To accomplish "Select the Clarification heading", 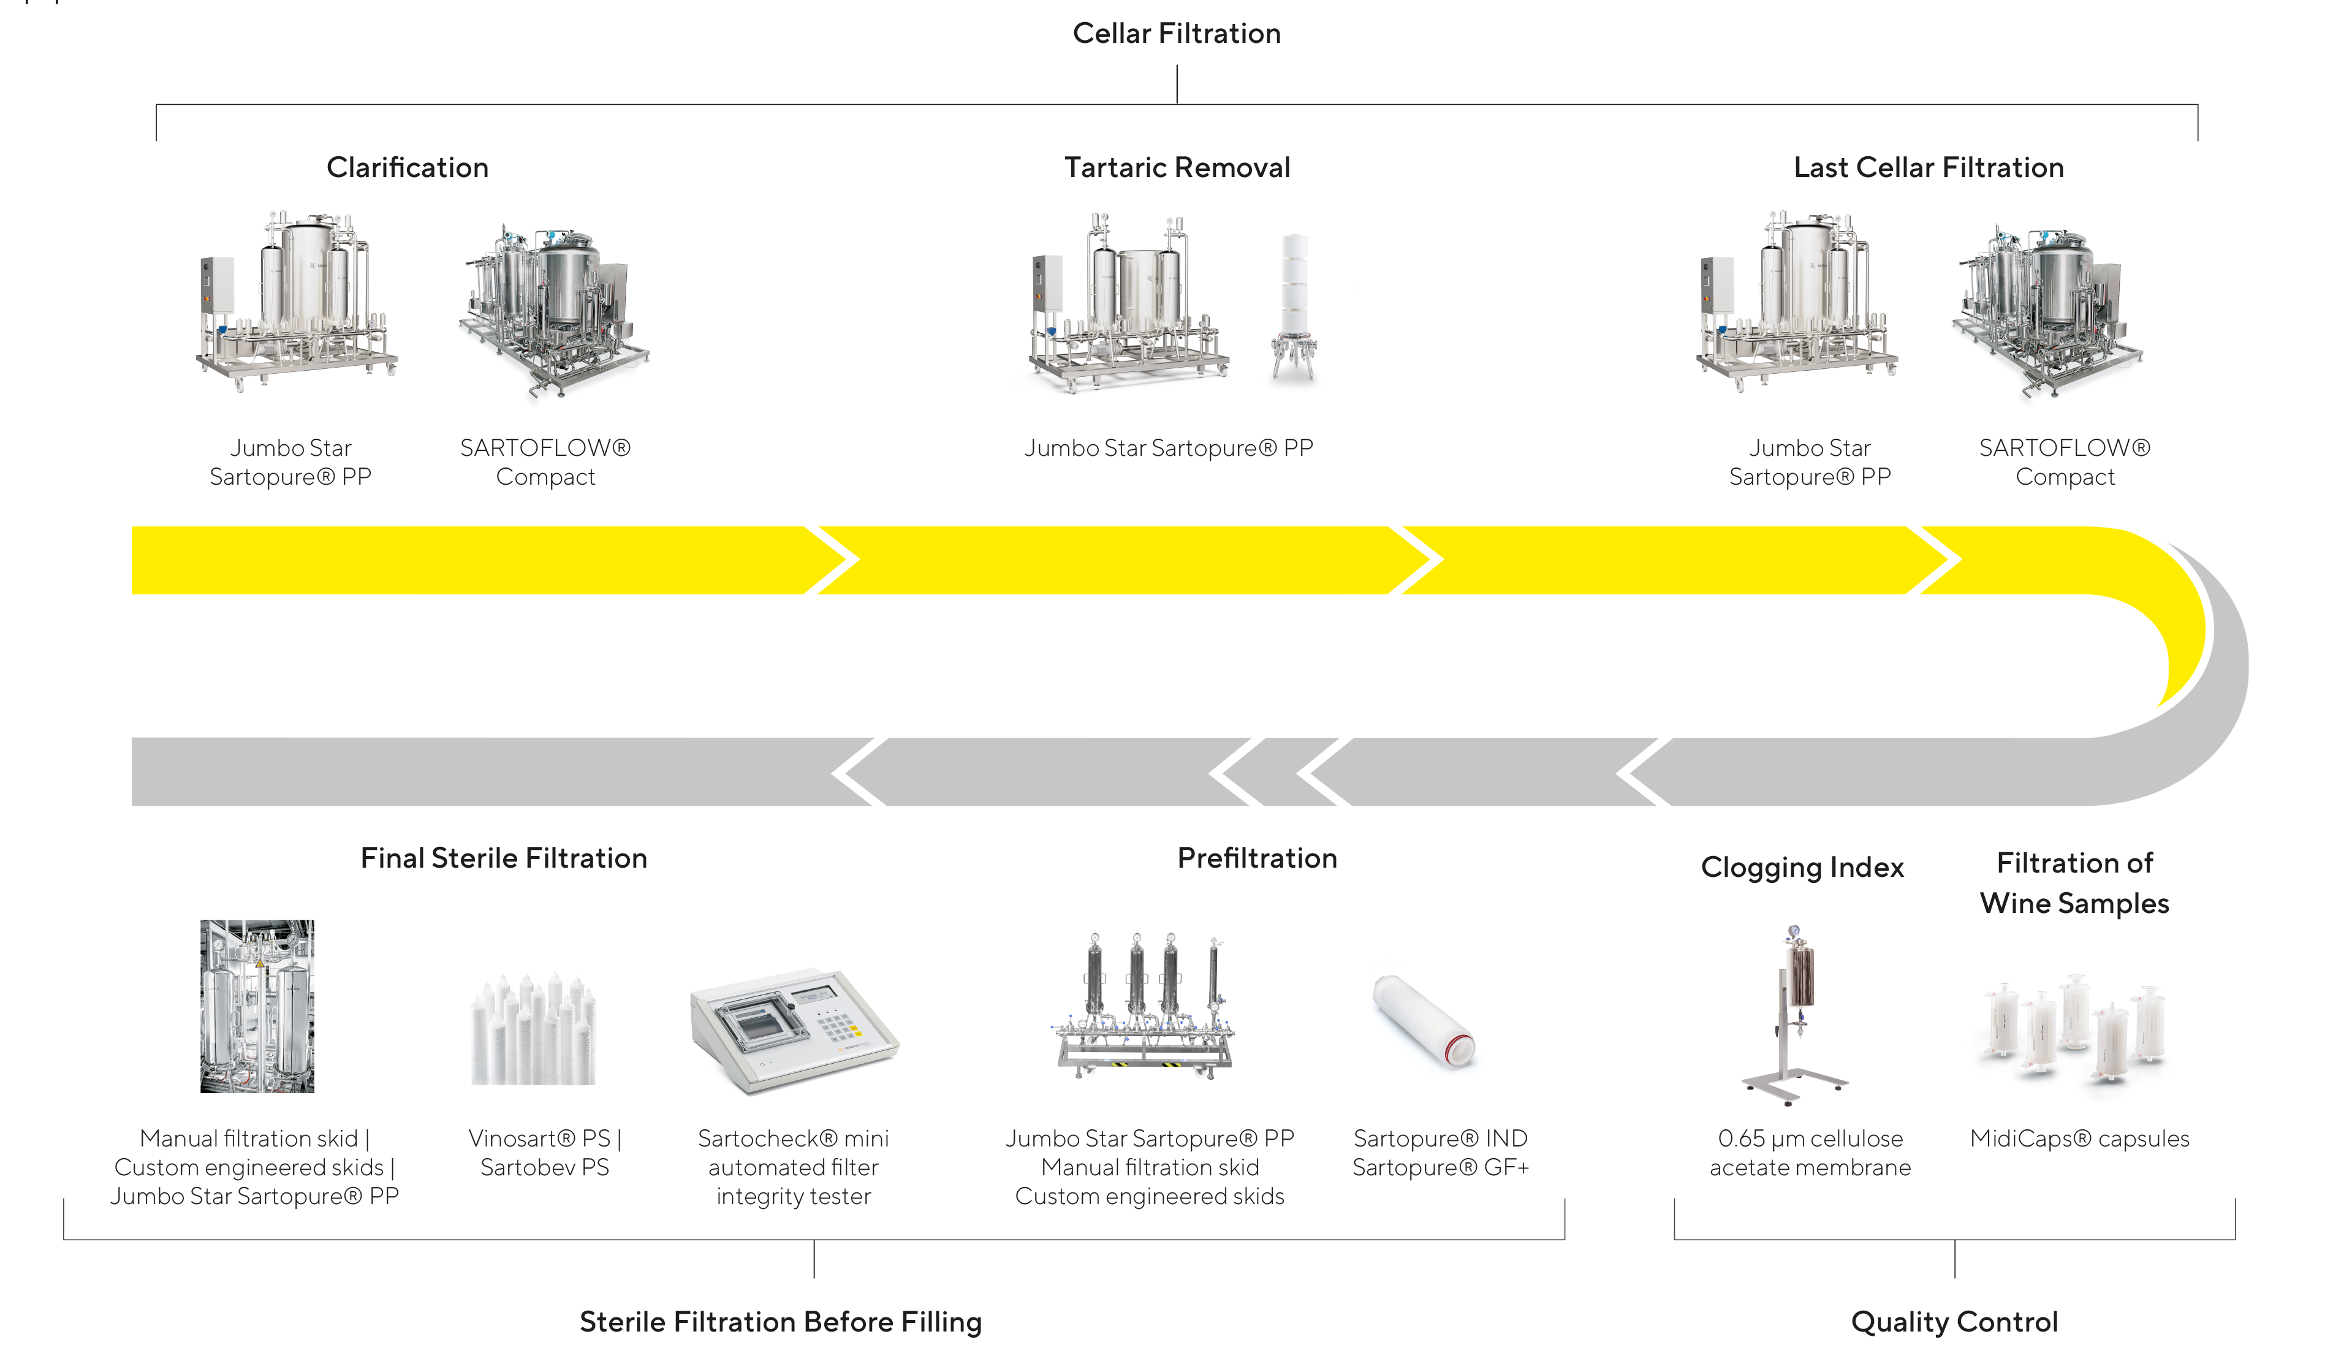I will click(x=408, y=167).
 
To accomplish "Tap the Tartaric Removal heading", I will click(x=1177, y=167).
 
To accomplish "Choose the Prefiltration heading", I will click(x=1256, y=858).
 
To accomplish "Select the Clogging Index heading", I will click(x=1802, y=868).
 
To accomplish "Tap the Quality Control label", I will click(x=1954, y=1321).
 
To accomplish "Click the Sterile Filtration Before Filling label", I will click(x=781, y=1321).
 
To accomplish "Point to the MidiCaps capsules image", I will click(x=2073, y=1032).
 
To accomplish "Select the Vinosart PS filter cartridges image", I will click(x=534, y=1030).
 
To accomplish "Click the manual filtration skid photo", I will click(x=257, y=1006).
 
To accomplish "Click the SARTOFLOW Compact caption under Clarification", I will click(x=545, y=462).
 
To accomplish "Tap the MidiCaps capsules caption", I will click(x=2079, y=1138).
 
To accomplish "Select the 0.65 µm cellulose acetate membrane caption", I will click(x=1809, y=1153).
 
